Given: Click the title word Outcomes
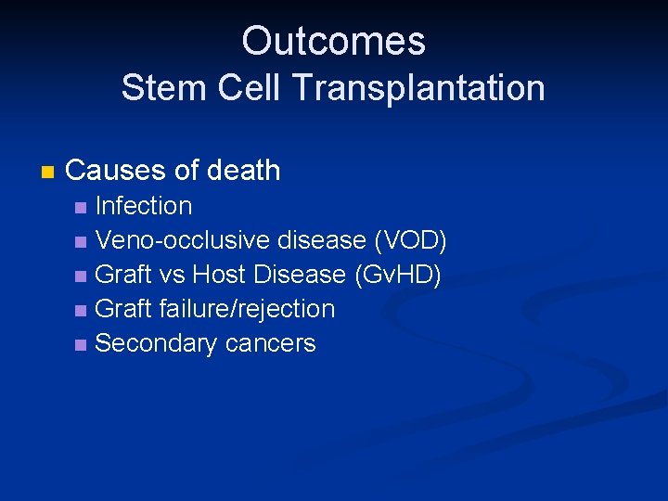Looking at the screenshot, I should coord(333,41).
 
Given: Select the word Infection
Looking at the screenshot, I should coord(144,206).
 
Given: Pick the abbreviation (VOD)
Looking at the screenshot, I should coord(409,240).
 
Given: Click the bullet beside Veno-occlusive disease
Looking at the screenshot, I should coord(82,241).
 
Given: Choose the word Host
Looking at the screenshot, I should coord(221,275).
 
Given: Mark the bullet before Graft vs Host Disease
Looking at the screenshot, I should coord(82,276).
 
